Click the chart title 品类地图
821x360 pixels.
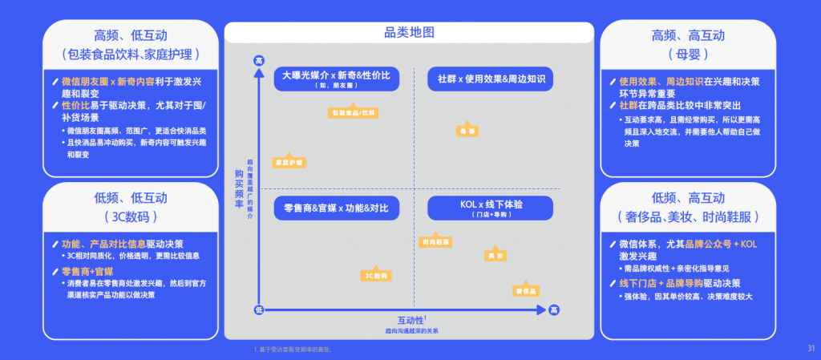click(x=410, y=33)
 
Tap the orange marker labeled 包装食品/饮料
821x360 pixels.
click(x=353, y=112)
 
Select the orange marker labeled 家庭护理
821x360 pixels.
click(x=289, y=162)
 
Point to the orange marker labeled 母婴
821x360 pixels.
click(x=466, y=130)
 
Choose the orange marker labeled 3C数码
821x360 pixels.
click(x=375, y=275)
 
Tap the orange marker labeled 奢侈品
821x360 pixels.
click(x=526, y=289)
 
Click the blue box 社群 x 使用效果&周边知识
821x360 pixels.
click(x=491, y=79)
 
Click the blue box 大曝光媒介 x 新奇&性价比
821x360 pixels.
click(x=336, y=79)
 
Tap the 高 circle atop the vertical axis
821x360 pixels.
click(x=258, y=61)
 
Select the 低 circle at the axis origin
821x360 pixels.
click(x=258, y=309)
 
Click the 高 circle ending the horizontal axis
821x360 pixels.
click(x=553, y=309)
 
